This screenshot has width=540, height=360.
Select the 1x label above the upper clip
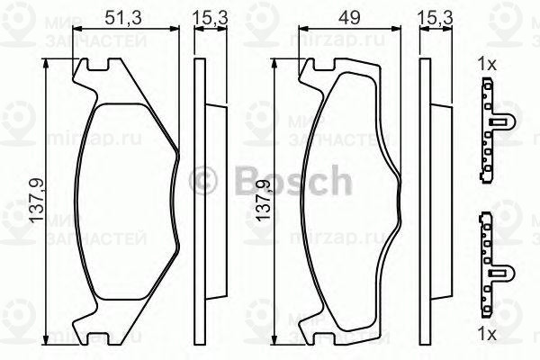487,64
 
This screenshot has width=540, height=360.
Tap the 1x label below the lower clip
487,334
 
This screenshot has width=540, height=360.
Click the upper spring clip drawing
490,128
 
